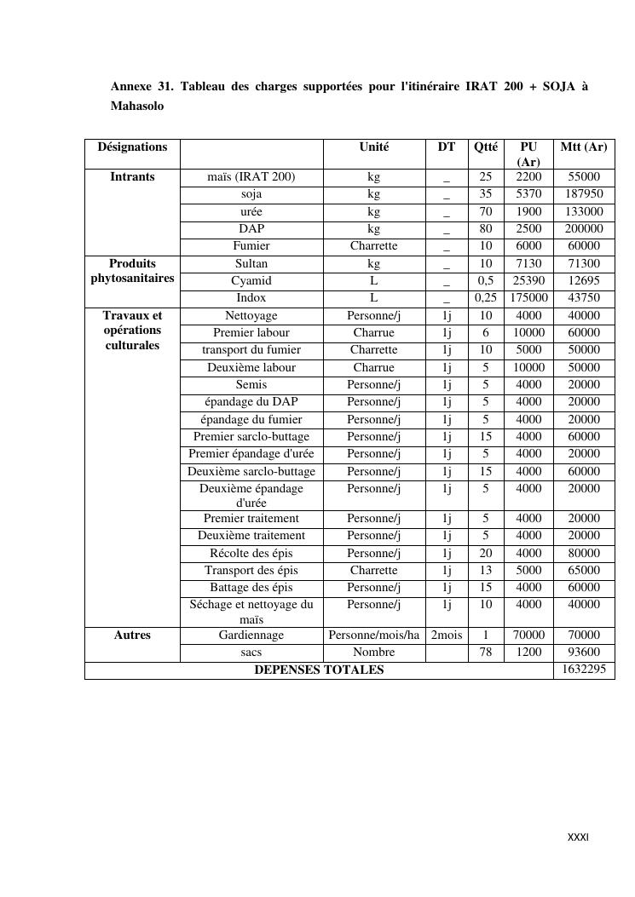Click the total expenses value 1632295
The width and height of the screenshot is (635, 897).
584,670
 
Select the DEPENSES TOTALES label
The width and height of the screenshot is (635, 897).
319,670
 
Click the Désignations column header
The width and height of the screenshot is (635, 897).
132,147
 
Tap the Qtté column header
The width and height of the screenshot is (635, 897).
486,147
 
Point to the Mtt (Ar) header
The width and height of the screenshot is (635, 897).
584,147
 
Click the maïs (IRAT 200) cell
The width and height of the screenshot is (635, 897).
251,177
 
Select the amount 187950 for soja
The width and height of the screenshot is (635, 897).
584,194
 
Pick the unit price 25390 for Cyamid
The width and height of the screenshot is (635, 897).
528,280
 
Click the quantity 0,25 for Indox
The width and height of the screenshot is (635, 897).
486,298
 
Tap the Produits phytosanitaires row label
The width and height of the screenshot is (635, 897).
132,271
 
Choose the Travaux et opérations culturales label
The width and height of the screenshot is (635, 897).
132,331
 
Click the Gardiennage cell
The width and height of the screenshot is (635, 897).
251,635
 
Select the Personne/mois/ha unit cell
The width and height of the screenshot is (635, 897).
374,635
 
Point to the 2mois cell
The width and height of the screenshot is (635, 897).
447,635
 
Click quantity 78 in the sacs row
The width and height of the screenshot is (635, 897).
486,653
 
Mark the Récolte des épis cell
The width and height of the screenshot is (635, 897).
251,553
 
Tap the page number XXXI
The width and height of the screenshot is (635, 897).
578,837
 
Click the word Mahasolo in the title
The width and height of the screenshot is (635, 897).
137,106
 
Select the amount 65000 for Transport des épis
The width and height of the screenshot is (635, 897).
584,570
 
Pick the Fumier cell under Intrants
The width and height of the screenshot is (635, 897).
251,246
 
